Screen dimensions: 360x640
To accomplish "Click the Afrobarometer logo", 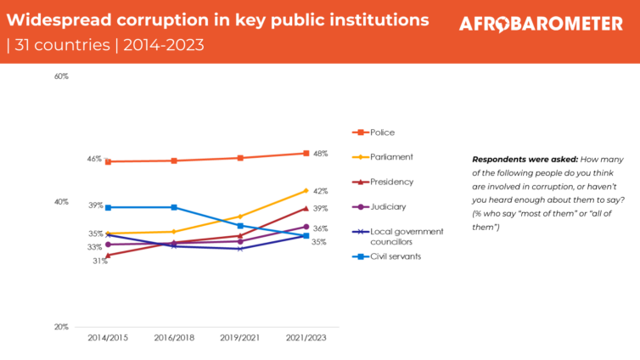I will [x=541, y=25].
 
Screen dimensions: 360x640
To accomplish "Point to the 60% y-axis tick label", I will [x=61, y=76].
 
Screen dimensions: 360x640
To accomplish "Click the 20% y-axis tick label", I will [x=61, y=327].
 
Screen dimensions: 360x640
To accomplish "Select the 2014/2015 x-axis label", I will [x=108, y=337].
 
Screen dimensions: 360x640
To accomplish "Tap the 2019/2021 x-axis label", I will [x=240, y=337].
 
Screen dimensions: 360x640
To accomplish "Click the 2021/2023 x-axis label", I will [x=306, y=337].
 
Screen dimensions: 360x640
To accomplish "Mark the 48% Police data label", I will [x=320, y=154].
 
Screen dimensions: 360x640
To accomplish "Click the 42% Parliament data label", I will [x=320, y=191].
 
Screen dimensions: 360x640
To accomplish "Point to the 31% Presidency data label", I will [x=100, y=262].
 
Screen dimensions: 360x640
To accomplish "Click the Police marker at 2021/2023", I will [x=306, y=154].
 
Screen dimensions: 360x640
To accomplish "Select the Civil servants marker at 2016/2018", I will [x=174, y=207].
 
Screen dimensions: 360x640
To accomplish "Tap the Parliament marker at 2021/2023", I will [x=306, y=191].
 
